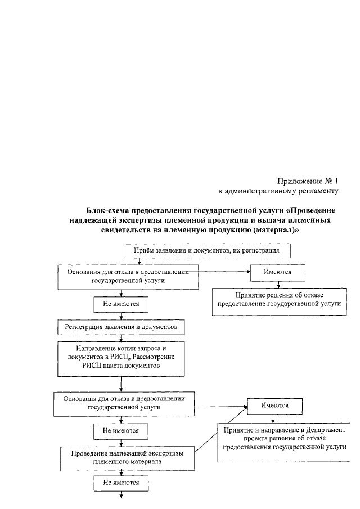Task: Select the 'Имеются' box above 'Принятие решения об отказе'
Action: pos(277,272)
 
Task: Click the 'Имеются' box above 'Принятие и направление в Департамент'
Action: pos(275,406)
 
